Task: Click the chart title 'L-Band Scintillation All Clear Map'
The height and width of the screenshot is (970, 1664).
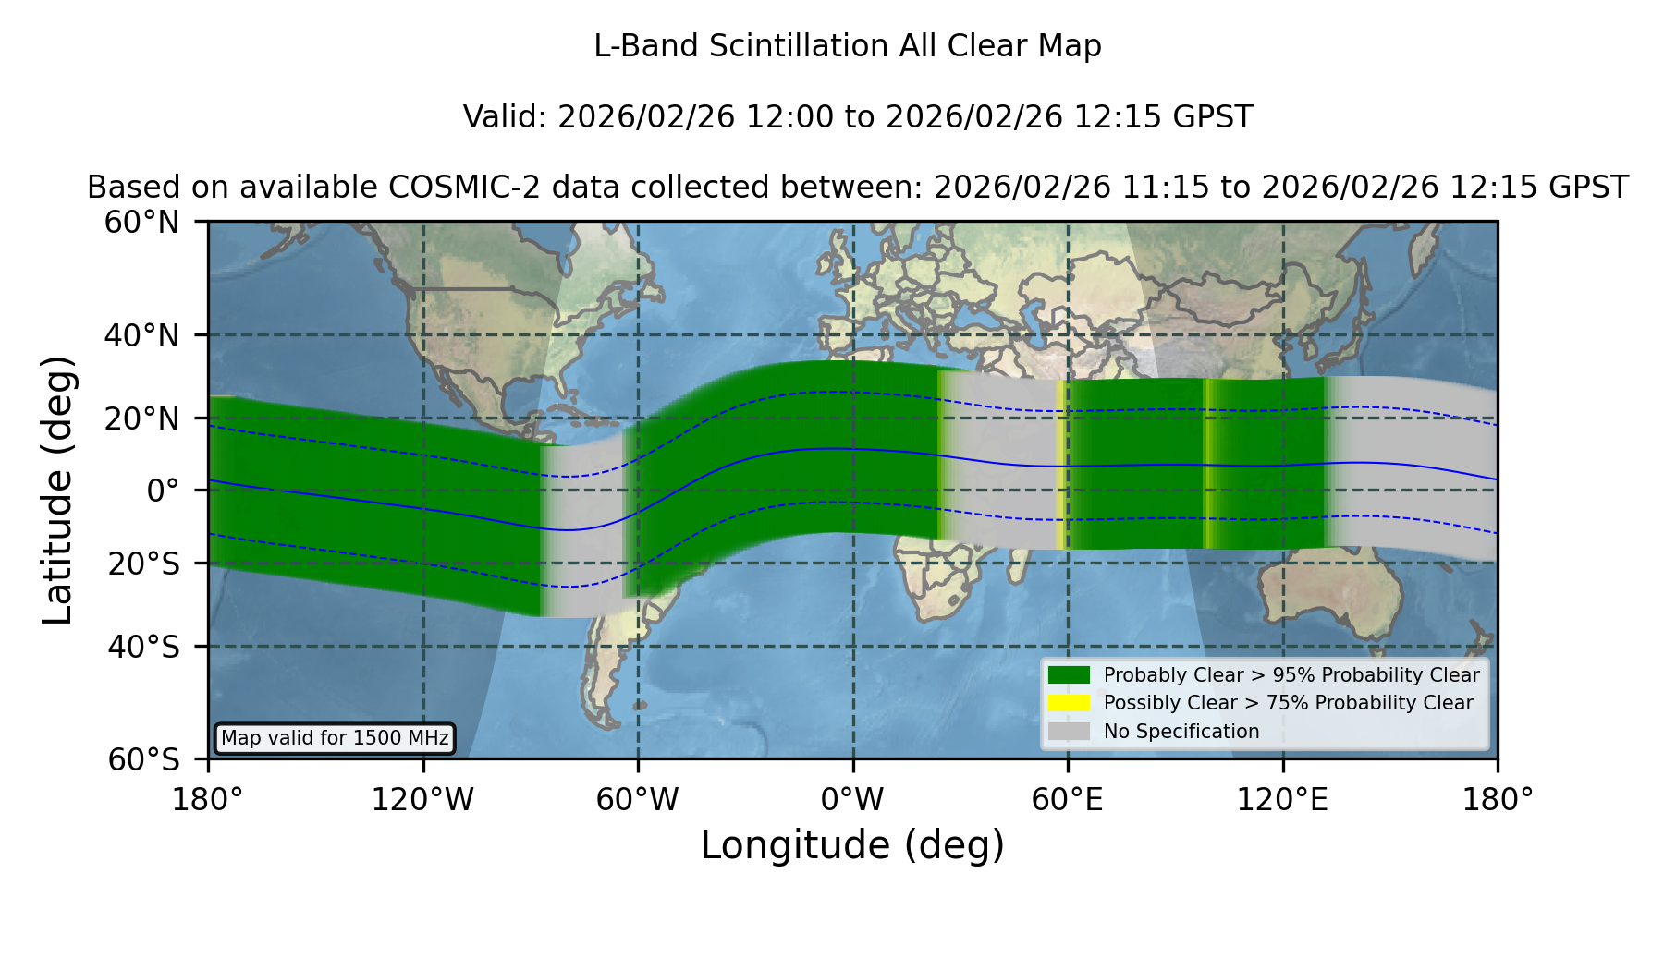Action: [x=848, y=46]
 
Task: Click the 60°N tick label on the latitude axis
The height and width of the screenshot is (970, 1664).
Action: [x=142, y=222]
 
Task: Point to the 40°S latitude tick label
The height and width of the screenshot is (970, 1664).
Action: [x=144, y=647]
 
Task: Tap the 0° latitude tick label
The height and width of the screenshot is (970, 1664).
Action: [x=164, y=491]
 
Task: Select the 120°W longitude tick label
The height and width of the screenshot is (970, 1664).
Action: [x=423, y=800]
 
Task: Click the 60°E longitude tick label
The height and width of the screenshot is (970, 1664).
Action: [x=1068, y=800]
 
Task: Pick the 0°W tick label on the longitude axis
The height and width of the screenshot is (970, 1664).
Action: [x=853, y=800]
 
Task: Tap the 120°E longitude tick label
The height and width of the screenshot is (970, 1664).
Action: [x=1283, y=800]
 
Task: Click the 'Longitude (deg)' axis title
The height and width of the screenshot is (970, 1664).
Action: [x=852, y=845]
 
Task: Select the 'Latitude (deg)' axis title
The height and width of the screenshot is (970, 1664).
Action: [x=58, y=490]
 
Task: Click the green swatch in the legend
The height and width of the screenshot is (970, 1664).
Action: [x=1070, y=675]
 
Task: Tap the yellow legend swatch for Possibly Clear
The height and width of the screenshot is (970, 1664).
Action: [x=1070, y=703]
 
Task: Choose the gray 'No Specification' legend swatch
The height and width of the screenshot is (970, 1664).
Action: [x=1070, y=732]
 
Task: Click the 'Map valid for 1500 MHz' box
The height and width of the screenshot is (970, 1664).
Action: [x=335, y=738]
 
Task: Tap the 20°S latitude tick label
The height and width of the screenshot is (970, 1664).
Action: [x=144, y=564]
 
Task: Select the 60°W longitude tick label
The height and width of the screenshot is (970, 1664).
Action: [x=638, y=800]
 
